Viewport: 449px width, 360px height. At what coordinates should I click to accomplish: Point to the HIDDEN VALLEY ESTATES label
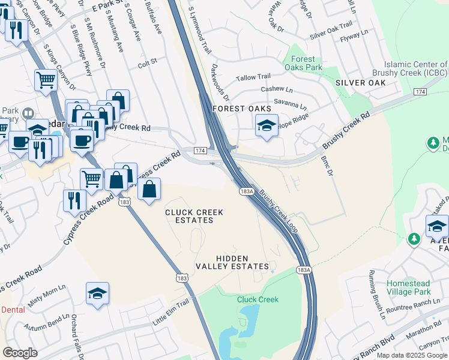232,262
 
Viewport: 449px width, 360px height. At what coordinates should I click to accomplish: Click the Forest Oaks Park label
303,63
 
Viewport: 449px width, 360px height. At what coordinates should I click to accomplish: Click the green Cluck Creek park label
258,299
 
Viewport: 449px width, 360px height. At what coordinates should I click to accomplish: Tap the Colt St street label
147,62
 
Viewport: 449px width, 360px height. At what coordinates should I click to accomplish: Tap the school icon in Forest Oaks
267,126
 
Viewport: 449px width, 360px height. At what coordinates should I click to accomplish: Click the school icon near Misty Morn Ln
97,293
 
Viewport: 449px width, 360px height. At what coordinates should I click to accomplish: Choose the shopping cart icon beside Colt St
46,80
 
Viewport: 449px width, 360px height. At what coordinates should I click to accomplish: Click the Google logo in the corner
20,353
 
